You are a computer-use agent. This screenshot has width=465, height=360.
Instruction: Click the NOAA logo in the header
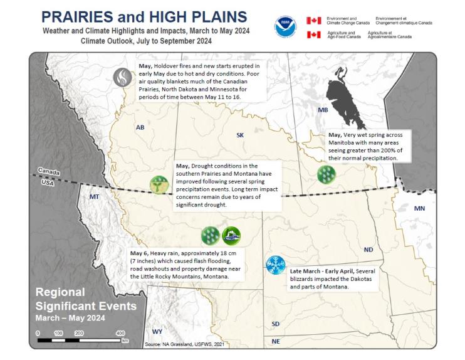[x=285, y=27]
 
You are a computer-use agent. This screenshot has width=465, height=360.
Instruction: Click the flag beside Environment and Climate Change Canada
[x=313, y=20]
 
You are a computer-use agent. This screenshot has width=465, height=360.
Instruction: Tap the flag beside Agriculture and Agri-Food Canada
[x=313, y=34]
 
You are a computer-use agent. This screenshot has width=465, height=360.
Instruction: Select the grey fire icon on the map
[x=122, y=77]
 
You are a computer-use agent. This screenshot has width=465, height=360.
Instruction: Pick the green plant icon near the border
[x=159, y=184]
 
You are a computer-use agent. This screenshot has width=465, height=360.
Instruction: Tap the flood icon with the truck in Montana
[x=231, y=236]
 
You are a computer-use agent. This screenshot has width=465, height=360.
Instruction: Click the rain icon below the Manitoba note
[x=326, y=174]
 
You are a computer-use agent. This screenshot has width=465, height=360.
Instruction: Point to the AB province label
[x=140, y=127]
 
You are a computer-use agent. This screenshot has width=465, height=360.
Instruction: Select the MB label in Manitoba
[x=323, y=110]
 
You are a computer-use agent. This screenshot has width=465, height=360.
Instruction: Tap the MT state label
[x=95, y=197]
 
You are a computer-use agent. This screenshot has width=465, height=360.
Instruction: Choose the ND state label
[x=368, y=250]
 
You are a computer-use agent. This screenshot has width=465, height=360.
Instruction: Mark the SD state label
[x=276, y=324]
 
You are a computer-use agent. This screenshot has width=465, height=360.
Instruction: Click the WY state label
[x=157, y=331]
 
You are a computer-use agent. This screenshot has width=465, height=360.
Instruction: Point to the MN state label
[x=419, y=208]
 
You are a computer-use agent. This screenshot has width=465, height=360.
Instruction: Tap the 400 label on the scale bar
[x=120, y=333]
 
